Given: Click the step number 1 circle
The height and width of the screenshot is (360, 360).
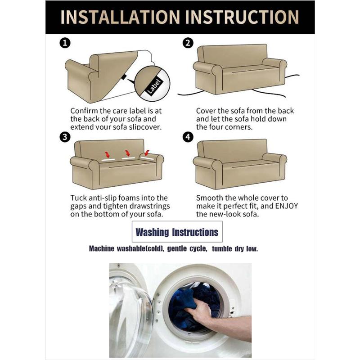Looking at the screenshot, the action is [x=65, y=43].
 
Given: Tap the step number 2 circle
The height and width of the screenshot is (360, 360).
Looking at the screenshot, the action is [x=188, y=43].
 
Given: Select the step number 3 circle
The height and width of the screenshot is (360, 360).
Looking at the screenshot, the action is [x=65, y=137].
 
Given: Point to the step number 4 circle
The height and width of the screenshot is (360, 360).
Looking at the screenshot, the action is [x=188, y=137].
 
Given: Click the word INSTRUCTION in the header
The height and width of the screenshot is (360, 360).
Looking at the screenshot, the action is [x=242, y=17].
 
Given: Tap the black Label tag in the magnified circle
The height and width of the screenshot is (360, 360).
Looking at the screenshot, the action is [x=154, y=86].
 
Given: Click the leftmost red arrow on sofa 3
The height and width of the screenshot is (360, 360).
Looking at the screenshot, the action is [x=107, y=154].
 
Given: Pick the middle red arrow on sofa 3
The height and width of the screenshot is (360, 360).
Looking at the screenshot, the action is [x=127, y=153].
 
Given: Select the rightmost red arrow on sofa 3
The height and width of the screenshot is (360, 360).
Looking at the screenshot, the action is [x=147, y=153].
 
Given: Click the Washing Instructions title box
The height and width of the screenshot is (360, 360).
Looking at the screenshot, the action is [x=177, y=232].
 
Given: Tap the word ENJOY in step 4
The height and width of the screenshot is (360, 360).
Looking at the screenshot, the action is [x=286, y=206].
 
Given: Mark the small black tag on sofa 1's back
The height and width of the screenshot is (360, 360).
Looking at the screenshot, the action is [x=124, y=77].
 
